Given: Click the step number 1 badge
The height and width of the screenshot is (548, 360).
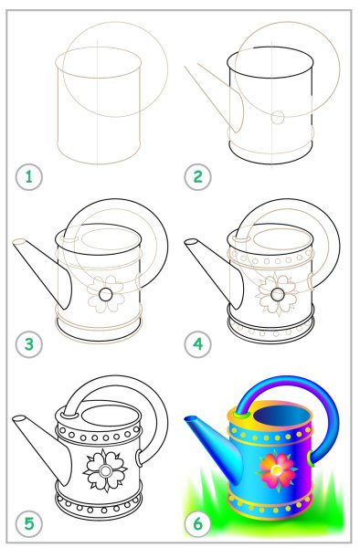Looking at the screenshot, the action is click(28, 177).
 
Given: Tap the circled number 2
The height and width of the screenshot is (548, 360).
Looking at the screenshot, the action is click(198, 177).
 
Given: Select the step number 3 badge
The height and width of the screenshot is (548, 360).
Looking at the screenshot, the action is click(28, 344).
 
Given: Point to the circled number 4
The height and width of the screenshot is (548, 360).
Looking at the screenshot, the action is click(198, 344).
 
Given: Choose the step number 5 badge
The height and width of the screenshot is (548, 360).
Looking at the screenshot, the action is click(28, 523).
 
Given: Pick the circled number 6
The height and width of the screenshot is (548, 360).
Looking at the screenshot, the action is click(198, 523).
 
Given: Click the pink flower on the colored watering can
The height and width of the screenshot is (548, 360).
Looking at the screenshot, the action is click(277, 472).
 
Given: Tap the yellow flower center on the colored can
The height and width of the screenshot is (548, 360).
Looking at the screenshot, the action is click(277, 469).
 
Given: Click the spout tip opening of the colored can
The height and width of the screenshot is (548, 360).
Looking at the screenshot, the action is click(191, 419).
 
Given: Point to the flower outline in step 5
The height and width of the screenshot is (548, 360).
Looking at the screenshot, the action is click(104, 469).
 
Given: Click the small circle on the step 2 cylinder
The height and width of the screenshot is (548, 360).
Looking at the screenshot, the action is click(278, 118).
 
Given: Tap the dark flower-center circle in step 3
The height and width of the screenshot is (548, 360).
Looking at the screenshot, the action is click(106, 294).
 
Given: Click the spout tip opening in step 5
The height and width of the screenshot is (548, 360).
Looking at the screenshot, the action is click(19, 418).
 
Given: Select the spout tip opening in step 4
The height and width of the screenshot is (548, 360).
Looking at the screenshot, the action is click(191, 242).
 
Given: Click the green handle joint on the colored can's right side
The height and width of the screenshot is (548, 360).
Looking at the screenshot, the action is click(311, 458).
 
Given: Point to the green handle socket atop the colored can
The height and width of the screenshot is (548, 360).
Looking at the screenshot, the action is click(242, 415).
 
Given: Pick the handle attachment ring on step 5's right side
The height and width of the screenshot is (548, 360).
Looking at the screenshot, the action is click(139, 458).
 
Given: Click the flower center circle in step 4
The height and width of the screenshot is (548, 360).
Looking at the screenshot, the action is click(278, 294).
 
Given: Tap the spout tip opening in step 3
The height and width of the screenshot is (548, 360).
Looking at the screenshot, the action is click(19, 242).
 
